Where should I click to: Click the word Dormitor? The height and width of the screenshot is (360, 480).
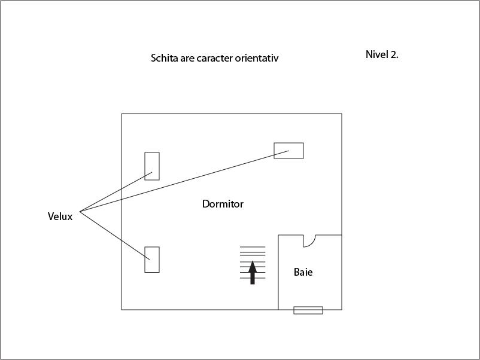tap(223, 204)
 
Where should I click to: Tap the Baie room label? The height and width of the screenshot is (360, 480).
tap(303, 272)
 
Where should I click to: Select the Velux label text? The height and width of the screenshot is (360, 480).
tap(60, 216)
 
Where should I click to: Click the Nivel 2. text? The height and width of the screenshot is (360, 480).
tap(382, 54)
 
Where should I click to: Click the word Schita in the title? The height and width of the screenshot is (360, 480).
tap(164, 58)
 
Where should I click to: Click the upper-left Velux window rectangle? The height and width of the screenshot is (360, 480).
tap(152, 166)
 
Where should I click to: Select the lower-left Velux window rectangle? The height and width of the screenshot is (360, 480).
tap(152, 260)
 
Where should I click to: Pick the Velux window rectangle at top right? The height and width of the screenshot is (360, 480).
tap(288, 151)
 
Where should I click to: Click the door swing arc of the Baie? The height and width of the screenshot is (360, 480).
tap(310, 241)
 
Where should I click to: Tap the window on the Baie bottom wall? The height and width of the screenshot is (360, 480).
tap(308, 310)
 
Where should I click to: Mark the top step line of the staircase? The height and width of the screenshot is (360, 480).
tap(253, 246)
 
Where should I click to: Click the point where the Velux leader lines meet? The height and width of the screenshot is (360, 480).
tap(80, 211)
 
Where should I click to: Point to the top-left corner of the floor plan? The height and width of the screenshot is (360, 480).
tap(121, 114)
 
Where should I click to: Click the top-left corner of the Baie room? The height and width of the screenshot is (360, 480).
tap(278, 235)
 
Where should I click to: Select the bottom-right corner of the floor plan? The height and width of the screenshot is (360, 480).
tap(342, 309)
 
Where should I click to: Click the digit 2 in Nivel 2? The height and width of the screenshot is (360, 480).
tap(393, 54)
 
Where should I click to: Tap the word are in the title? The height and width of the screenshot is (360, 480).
tap(188, 58)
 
